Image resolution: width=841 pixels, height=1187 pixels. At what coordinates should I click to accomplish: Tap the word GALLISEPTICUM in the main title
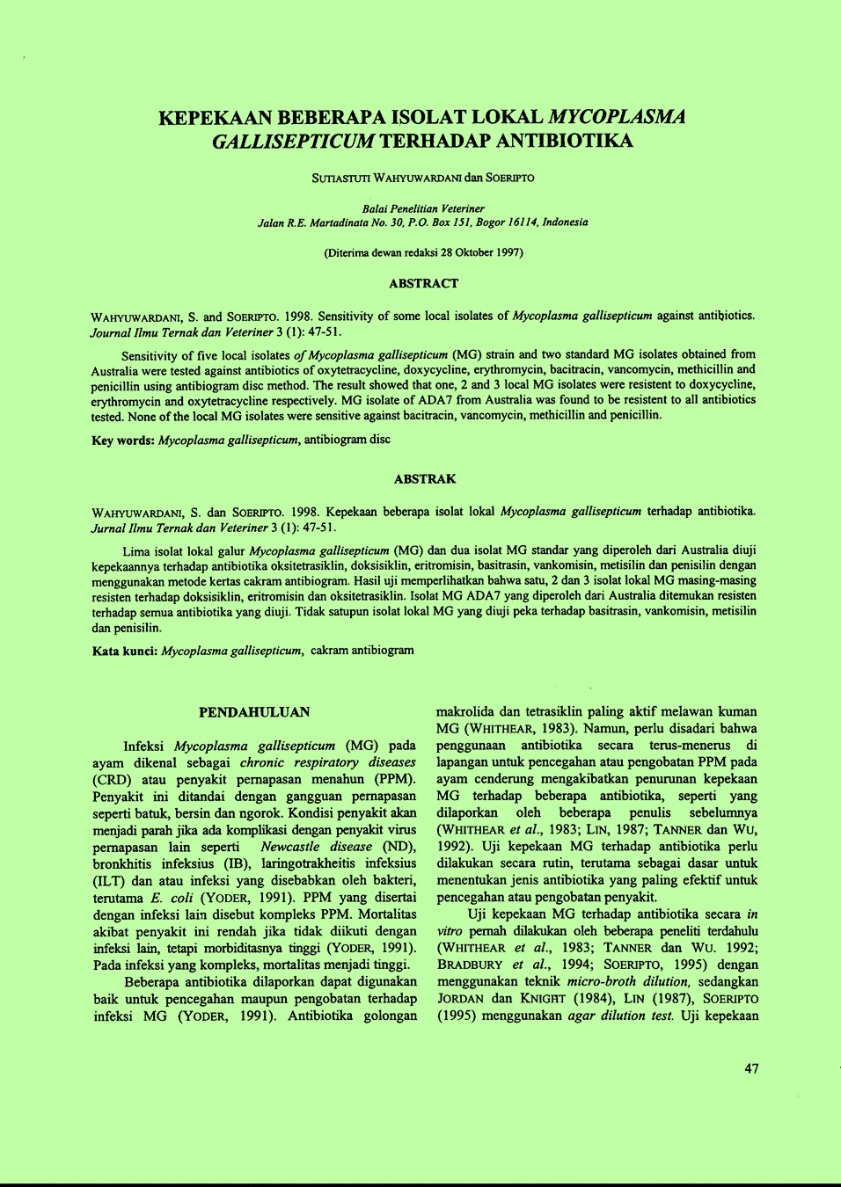(x=293, y=141)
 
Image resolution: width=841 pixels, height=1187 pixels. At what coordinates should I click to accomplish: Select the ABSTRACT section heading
(x=423, y=283)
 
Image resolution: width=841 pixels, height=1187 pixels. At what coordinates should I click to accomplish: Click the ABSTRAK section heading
(x=425, y=479)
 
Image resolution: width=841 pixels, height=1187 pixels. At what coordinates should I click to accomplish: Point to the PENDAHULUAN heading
(x=254, y=712)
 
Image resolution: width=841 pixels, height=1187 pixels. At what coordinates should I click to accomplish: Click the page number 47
(x=751, y=1069)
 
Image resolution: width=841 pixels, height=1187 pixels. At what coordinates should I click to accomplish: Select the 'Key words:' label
(x=123, y=440)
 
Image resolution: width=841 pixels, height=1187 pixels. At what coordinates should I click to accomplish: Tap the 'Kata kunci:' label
(x=125, y=651)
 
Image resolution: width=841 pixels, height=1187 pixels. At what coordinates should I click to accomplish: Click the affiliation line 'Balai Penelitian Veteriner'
(x=423, y=208)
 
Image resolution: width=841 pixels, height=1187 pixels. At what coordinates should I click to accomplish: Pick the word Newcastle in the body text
(x=290, y=847)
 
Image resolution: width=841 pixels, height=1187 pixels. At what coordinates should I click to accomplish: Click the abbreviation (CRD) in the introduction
(x=112, y=779)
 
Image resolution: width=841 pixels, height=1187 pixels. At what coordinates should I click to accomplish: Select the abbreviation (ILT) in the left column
(x=109, y=881)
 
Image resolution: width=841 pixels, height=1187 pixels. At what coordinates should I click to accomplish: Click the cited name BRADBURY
(x=470, y=965)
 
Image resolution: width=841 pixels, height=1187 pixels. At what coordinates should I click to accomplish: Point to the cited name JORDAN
(x=461, y=999)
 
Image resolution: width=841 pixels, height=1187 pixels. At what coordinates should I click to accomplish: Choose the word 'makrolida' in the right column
(x=464, y=711)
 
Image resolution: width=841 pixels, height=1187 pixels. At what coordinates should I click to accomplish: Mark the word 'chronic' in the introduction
(x=262, y=762)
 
